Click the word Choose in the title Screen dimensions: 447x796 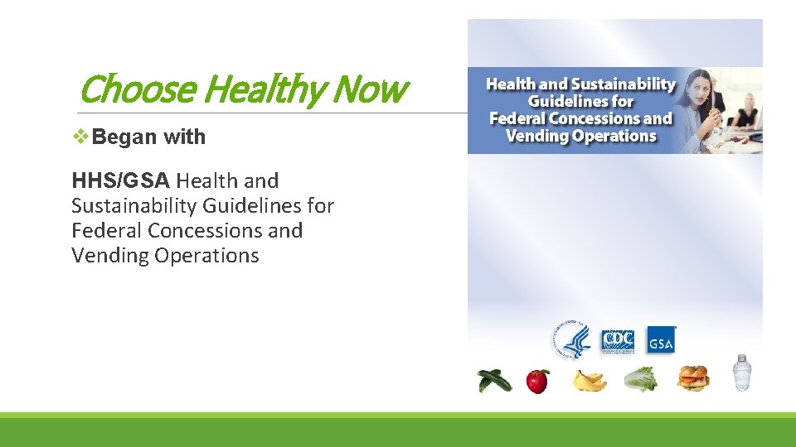click(137, 89)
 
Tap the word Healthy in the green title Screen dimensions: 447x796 click(253, 89)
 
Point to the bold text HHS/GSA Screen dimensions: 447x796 click(120, 180)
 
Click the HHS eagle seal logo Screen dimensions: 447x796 click(571, 339)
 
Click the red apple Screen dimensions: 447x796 click(538, 381)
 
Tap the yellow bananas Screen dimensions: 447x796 click(589, 381)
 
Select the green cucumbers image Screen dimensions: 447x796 click(493, 380)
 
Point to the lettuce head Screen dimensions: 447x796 click(641, 379)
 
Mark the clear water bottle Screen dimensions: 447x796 click(740, 373)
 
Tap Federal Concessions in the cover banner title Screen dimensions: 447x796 click(580, 118)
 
